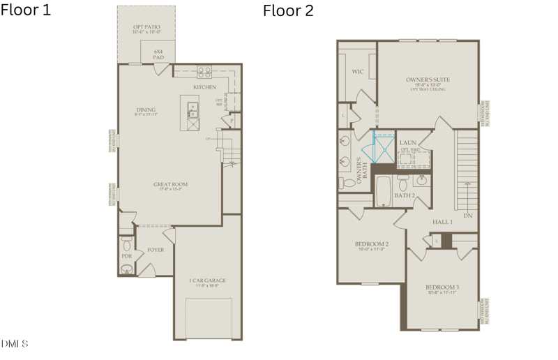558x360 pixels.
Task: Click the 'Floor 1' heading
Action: click(x=25, y=10)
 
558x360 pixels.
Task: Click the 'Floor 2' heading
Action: click(x=288, y=10)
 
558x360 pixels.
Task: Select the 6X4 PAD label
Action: click(x=158, y=54)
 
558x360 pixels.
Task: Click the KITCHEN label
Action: click(x=204, y=87)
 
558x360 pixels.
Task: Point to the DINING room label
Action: click(x=146, y=110)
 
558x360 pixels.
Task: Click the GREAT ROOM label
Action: click(x=170, y=185)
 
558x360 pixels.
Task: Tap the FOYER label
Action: click(x=156, y=250)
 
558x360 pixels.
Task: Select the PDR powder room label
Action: click(x=127, y=256)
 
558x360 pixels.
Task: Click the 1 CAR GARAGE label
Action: click(x=207, y=280)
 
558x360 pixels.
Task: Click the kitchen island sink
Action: click(x=193, y=111)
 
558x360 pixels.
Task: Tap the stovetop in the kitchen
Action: click(x=204, y=70)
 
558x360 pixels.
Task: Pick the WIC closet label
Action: click(x=359, y=71)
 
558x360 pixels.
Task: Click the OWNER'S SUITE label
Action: click(x=428, y=80)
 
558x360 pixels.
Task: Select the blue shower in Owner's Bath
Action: click(x=382, y=148)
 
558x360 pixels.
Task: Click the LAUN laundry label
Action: click(x=407, y=142)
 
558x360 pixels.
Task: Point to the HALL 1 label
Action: click(x=442, y=222)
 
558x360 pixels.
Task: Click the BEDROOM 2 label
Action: click(x=371, y=244)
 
